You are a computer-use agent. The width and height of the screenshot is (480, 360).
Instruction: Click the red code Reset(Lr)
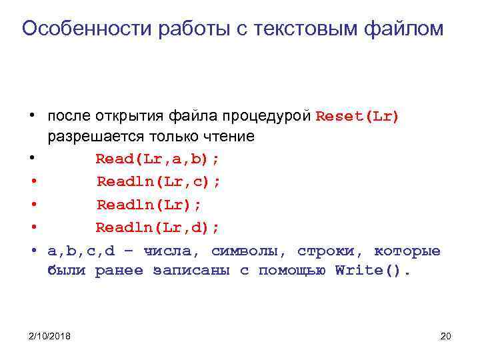pyautogui.click(x=358, y=116)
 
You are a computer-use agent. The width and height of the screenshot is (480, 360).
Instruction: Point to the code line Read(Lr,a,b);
pyautogui.click(x=158, y=159)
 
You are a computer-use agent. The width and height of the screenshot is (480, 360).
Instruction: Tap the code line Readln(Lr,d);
pyautogui.click(x=158, y=228)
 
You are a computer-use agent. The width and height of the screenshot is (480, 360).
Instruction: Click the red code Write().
pyautogui.click(x=373, y=271)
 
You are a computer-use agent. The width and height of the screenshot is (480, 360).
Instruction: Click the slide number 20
pyautogui.click(x=446, y=336)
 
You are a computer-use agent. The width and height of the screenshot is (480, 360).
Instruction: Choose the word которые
pyautogui.click(x=407, y=251)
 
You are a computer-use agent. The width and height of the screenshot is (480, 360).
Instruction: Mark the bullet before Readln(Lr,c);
pyautogui.click(x=33, y=182)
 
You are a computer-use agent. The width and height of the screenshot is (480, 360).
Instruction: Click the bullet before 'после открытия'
pyautogui.click(x=33, y=116)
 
